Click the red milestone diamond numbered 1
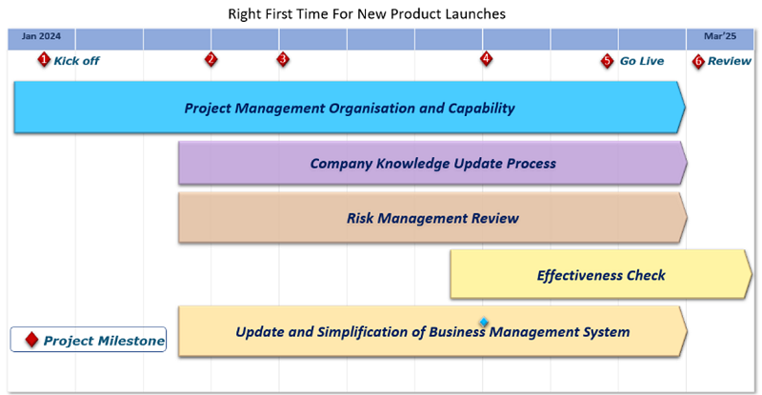coord(44,60)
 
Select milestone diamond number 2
coord(211,59)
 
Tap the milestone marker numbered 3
coord(283,59)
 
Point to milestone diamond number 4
coord(486,59)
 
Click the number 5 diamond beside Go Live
coord(607,61)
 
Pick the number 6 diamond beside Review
coord(698,61)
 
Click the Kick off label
coord(76,61)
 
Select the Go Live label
coord(641,61)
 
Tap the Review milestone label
coord(730,61)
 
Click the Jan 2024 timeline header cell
coord(41,39)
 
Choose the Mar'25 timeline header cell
coord(720,39)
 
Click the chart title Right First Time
coord(367,13)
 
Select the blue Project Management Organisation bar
coord(350,108)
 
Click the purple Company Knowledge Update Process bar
coord(432,164)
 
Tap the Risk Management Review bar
coord(432,218)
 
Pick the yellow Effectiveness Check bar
coord(601,274)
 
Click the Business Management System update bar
coord(432,331)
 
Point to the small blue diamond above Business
coord(484,322)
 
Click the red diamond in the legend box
coord(31,340)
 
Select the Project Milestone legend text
coord(104,341)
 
